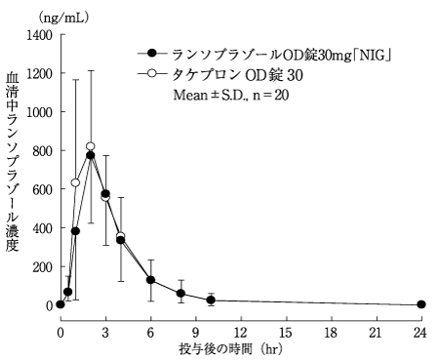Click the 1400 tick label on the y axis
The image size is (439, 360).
tap(40, 35)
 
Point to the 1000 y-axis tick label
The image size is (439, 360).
tap(40, 112)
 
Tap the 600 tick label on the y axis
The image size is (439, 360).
tap(43, 189)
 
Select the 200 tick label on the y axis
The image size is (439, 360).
tap(43, 267)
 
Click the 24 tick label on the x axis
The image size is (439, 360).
tap(419, 333)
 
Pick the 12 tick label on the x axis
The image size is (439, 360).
tap(240, 333)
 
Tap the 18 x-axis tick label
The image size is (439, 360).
tap(331, 333)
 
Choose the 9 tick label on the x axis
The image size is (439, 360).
tap(195, 333)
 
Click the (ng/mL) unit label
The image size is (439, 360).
tap(63, 18)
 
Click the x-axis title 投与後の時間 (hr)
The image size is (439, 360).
tap(231, 349)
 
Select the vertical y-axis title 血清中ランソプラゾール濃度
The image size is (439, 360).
tap(12, 162)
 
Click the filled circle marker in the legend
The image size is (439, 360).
tap(152, 53)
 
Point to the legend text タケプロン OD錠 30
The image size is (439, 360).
tap(237, 75)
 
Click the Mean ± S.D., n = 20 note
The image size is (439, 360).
tap(231, 95)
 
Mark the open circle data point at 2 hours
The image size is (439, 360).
tap(91, 146)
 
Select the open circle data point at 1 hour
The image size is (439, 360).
tap(75, 182)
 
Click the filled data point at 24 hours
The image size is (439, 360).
tap(421, 304)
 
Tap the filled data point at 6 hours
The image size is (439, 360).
tap(150, 280)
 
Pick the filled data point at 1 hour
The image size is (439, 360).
tap(75, 231)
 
